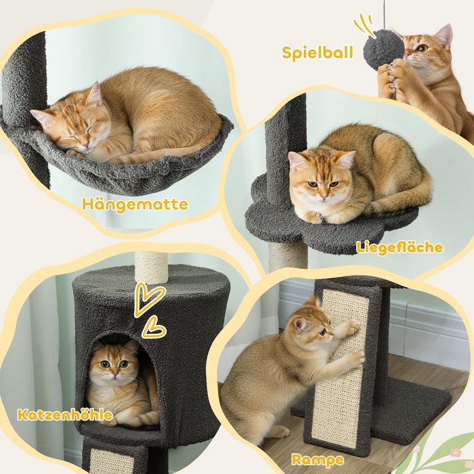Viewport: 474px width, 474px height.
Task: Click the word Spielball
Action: point(318,53)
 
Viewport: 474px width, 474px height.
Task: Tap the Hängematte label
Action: point(135,204)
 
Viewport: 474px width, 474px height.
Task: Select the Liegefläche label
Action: point(399,248)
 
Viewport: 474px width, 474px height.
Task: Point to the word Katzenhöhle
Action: point(65,414)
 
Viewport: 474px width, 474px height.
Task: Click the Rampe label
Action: point(318,460)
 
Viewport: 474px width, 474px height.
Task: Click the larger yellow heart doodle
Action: point(149,299)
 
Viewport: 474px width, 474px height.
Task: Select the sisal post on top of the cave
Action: point(151,266)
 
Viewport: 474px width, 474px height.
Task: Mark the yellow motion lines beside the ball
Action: point(364,24)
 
